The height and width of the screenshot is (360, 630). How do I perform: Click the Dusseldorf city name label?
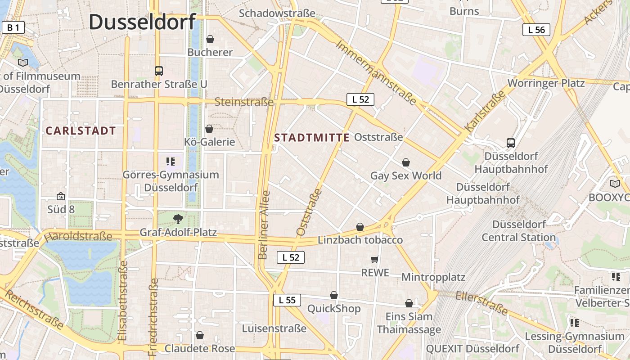click(x=142, y=22)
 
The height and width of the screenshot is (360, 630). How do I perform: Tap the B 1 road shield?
click(x=13, y=28)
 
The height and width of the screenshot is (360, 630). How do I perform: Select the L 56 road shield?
click(x=536, y=30)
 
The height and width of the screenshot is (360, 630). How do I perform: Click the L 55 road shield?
click(x=287, y=300)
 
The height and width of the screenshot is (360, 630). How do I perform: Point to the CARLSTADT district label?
click(x=81, y=131)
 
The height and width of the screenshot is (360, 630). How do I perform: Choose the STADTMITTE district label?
click(x=311, y=138)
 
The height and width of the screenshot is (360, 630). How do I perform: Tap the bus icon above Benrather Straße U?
click(x=158, y=71)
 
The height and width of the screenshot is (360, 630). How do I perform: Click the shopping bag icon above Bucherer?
click(x=210, y=39)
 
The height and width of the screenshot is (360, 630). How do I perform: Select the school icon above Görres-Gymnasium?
click(x=170, y=161)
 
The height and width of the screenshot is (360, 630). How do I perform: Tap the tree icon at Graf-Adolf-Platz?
click(x=178, y=219)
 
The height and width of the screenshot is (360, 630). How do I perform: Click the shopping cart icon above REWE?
click(x=374, y=259)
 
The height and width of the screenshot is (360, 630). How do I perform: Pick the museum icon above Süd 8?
click(x=60, y=196)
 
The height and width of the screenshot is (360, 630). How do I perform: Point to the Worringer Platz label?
click(x=546, y=83)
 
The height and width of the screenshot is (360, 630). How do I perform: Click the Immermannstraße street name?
click(x=376, y=73)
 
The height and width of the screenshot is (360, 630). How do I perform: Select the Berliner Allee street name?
click(x=265, y=225)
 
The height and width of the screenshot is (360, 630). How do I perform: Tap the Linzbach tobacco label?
click(x=360, y=240)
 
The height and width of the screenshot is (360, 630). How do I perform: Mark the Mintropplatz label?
click(x=433, y=277)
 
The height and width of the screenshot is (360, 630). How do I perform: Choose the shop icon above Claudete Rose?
click(x=200, y=335)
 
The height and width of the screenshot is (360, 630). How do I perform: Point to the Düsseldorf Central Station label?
click(x=519, y=230)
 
